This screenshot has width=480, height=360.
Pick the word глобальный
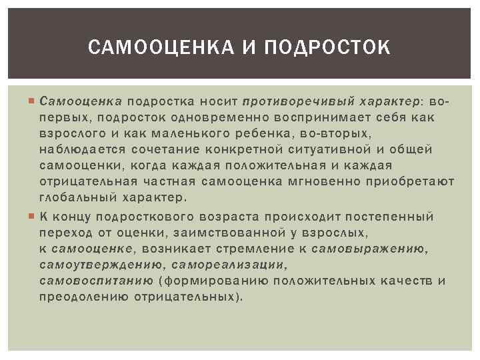click(x=77, y=198)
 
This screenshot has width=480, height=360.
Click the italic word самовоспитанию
click(x=96, y=281)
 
